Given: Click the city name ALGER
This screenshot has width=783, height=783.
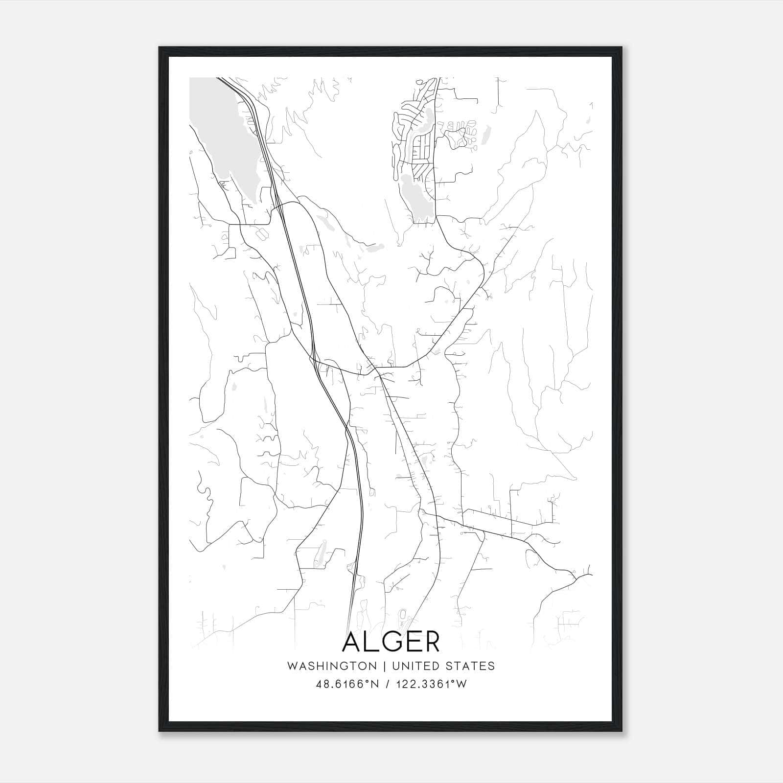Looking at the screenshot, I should click(391, 642).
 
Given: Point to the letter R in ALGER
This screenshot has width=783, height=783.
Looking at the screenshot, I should click(431, 642).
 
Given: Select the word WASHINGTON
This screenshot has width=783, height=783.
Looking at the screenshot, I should click(332, 666).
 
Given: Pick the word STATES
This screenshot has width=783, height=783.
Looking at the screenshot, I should click(470, 666).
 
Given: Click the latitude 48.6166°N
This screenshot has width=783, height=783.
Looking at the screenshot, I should click(347, 684).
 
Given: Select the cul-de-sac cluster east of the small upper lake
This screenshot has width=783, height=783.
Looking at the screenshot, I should click(460, 135).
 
